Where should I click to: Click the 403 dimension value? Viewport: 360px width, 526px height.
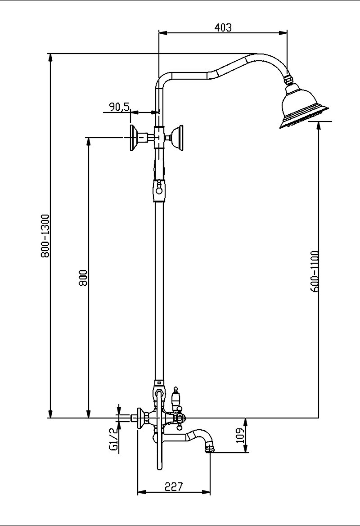(x=223, y=27)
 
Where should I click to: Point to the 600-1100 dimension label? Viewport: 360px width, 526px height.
(x=314, y=271)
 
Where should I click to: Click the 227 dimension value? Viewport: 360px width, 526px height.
(x=173, y=486)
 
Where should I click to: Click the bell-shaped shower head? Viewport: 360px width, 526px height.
(x=302, y=107)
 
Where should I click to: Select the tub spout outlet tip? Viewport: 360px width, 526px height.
(x=210, y=448)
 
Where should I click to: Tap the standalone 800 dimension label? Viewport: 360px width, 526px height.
(x=82, y=278)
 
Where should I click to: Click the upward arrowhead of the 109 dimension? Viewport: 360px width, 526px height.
(x=246, y=421)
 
